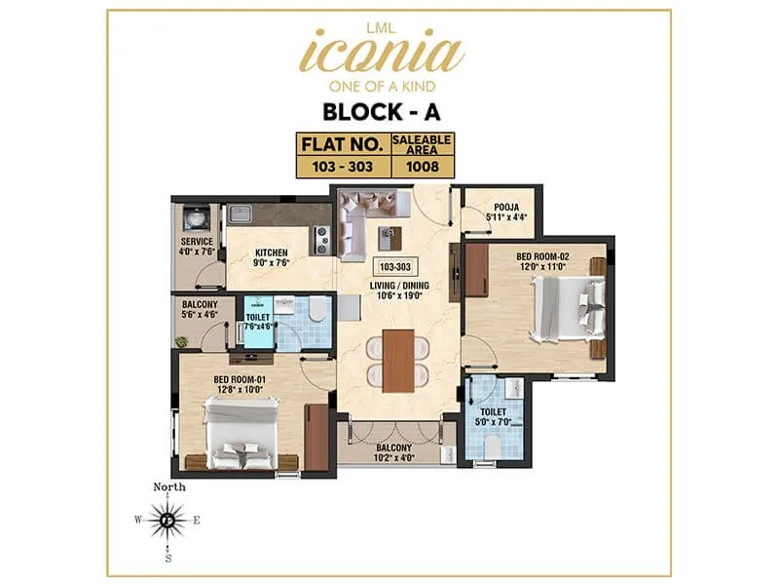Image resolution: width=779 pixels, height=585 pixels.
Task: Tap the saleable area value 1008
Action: tap(422, 166)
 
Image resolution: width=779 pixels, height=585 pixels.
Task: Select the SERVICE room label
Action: tap(196, 242)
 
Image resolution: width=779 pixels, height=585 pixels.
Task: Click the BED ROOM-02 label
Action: tap(541, 255)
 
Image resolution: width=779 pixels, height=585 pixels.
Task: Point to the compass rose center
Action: tap(168, 521)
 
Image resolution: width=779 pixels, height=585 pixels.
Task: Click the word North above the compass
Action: tap(168, 487)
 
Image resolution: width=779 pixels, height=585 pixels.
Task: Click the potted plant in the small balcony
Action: tap(181, 341)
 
